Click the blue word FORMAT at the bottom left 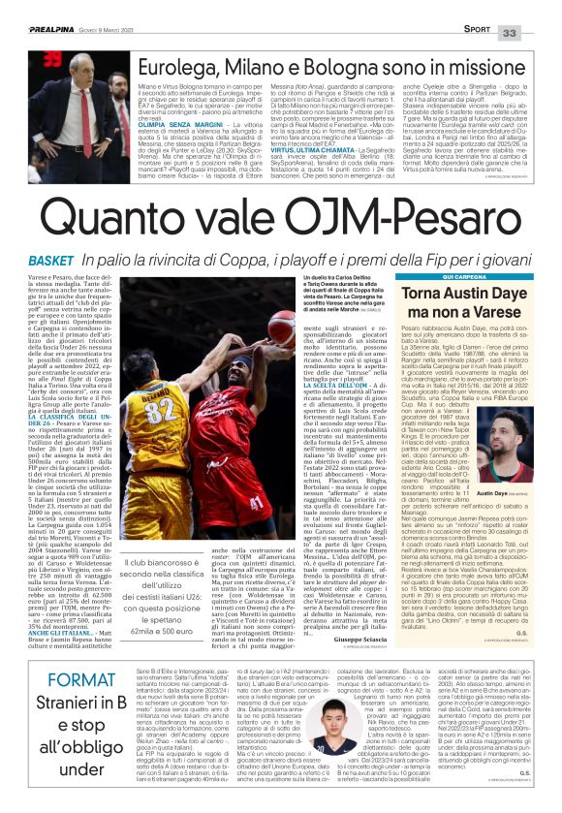click(80, 678)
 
